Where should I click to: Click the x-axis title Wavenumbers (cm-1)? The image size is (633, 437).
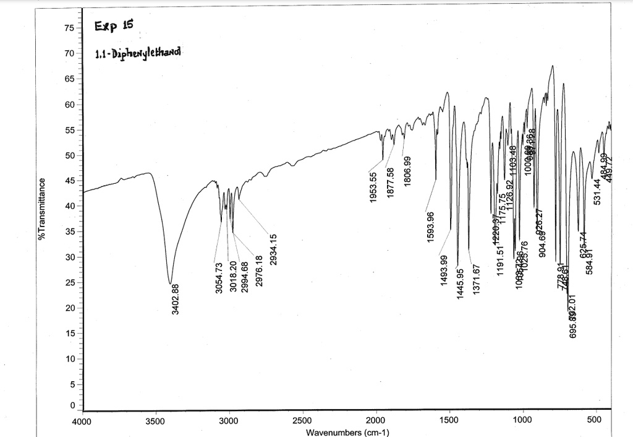(x=347, y=432)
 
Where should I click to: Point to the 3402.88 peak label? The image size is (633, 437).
(x=175, y=299)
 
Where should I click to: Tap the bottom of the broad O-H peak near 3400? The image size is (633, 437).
(x=171, y=283)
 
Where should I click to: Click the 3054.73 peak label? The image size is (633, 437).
(x=218, y=279)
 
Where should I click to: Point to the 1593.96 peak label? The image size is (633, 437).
(x=430, y=227)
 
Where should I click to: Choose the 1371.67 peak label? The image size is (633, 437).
(x=477, y=280)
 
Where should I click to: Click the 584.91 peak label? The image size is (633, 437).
(x=590, y=261)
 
